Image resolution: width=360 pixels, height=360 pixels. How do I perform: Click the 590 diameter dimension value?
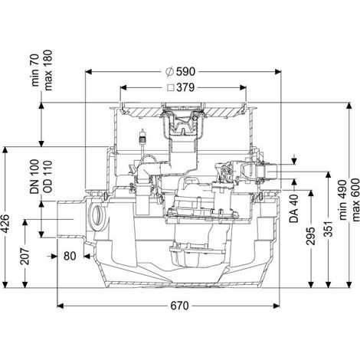(185, 72)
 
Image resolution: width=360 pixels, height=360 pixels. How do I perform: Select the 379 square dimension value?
(185, 87)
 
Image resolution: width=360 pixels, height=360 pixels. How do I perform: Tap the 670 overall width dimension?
(179, 306)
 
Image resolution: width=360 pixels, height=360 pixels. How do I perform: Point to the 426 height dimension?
(5, 224)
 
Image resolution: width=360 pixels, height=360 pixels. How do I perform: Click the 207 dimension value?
(25, 256)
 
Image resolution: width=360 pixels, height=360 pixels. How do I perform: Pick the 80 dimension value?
(70, 256)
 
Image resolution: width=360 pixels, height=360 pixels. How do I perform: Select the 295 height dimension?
(311, 236)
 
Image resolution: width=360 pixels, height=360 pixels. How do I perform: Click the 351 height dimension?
(329, 228)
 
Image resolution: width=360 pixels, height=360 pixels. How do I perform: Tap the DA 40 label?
(294, 208)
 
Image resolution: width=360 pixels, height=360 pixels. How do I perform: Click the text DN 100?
(34, 177)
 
